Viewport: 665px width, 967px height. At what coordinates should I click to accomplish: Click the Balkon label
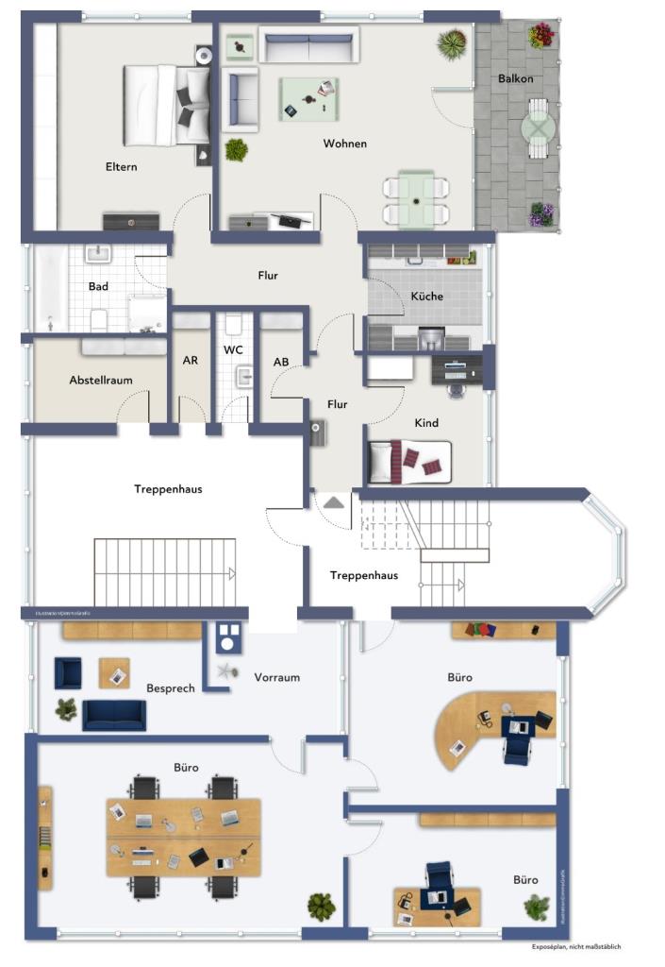515,78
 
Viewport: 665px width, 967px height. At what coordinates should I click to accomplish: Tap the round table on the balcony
538,127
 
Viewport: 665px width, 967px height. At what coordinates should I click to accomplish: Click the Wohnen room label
344,144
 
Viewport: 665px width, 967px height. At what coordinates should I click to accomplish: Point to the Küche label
426,296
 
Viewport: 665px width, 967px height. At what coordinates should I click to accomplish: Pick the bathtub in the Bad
51,287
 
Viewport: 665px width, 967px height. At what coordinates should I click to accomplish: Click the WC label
233,349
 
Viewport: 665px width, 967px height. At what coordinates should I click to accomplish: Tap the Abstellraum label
100,380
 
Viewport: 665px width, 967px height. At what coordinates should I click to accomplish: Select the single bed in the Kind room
409,462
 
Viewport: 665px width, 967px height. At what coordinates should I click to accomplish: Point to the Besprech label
170,688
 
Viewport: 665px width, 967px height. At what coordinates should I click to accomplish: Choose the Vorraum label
276,677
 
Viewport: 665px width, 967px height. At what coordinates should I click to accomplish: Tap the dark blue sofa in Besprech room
114,715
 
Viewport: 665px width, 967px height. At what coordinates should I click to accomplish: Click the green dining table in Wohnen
415,199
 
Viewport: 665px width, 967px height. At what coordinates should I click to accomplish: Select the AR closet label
190,360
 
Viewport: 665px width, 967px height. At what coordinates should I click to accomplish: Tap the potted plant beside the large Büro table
322,908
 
